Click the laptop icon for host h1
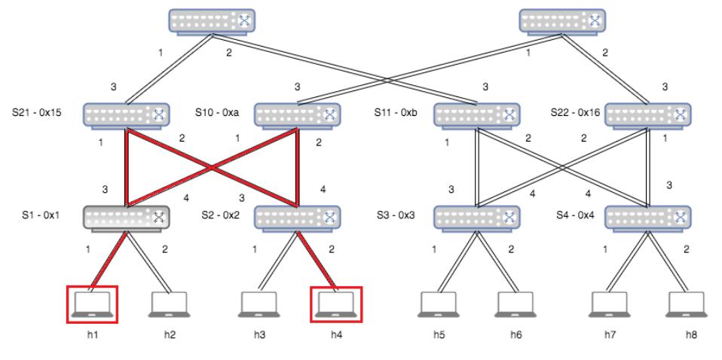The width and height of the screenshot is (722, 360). [92, 303]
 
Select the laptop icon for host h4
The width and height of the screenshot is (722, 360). [336, 303]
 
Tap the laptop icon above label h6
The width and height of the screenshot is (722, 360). [516, 303]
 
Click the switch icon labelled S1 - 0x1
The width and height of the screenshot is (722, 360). [127, 218]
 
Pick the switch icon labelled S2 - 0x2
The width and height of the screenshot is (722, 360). [297, 218]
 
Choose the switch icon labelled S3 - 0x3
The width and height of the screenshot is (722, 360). [477, 218]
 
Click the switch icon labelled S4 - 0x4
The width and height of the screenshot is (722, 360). [647, 218]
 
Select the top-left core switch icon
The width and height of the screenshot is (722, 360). [212, 20]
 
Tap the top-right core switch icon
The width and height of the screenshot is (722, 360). [562, 20]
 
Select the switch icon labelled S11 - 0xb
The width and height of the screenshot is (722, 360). [477, 114]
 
